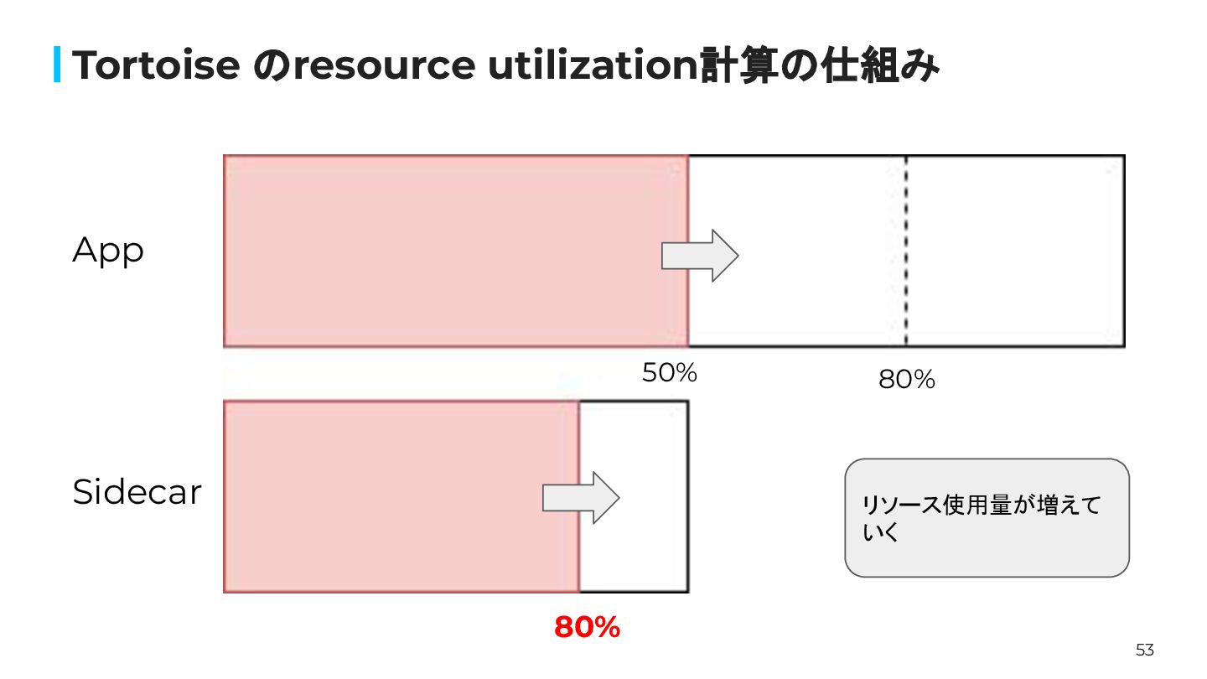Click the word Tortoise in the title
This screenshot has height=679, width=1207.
pos(156,66)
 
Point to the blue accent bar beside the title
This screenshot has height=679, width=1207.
pos(58,65)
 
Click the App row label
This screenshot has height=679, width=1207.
pos(108,251)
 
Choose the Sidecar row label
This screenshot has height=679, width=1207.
pos(137,492)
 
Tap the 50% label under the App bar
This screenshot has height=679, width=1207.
pos(669,373)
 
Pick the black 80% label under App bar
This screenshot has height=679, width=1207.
pos(906,380)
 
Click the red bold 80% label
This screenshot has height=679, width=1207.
pos(587,627)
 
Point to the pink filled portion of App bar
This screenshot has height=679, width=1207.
pos(453,251)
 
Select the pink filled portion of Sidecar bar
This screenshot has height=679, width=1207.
pos(394,496)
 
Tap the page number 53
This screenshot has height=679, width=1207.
pos(1144,650)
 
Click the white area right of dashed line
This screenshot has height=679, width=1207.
pos(1014,251)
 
